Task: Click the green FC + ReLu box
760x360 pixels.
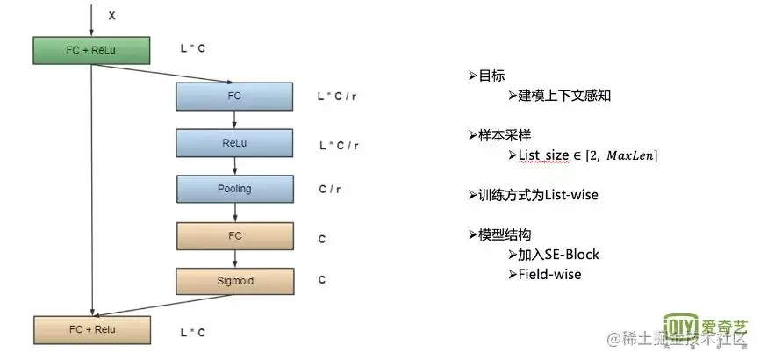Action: pos(91,50)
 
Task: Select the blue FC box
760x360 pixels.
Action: pos(233,95)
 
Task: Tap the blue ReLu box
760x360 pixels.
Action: pos(233,142)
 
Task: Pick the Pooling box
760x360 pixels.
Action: pos(233,189)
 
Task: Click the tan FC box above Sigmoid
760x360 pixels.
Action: pos(233,235)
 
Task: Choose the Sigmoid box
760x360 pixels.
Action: pos(233,281)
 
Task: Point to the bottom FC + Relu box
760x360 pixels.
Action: pos(91,330)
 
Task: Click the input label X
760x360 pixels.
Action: pos(111,16)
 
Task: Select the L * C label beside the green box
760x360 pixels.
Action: pos(192,49)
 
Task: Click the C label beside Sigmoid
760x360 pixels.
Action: pos(322,281)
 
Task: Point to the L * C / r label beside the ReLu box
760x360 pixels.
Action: pos(339,145)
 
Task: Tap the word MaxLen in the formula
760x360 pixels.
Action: pos(630,155)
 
